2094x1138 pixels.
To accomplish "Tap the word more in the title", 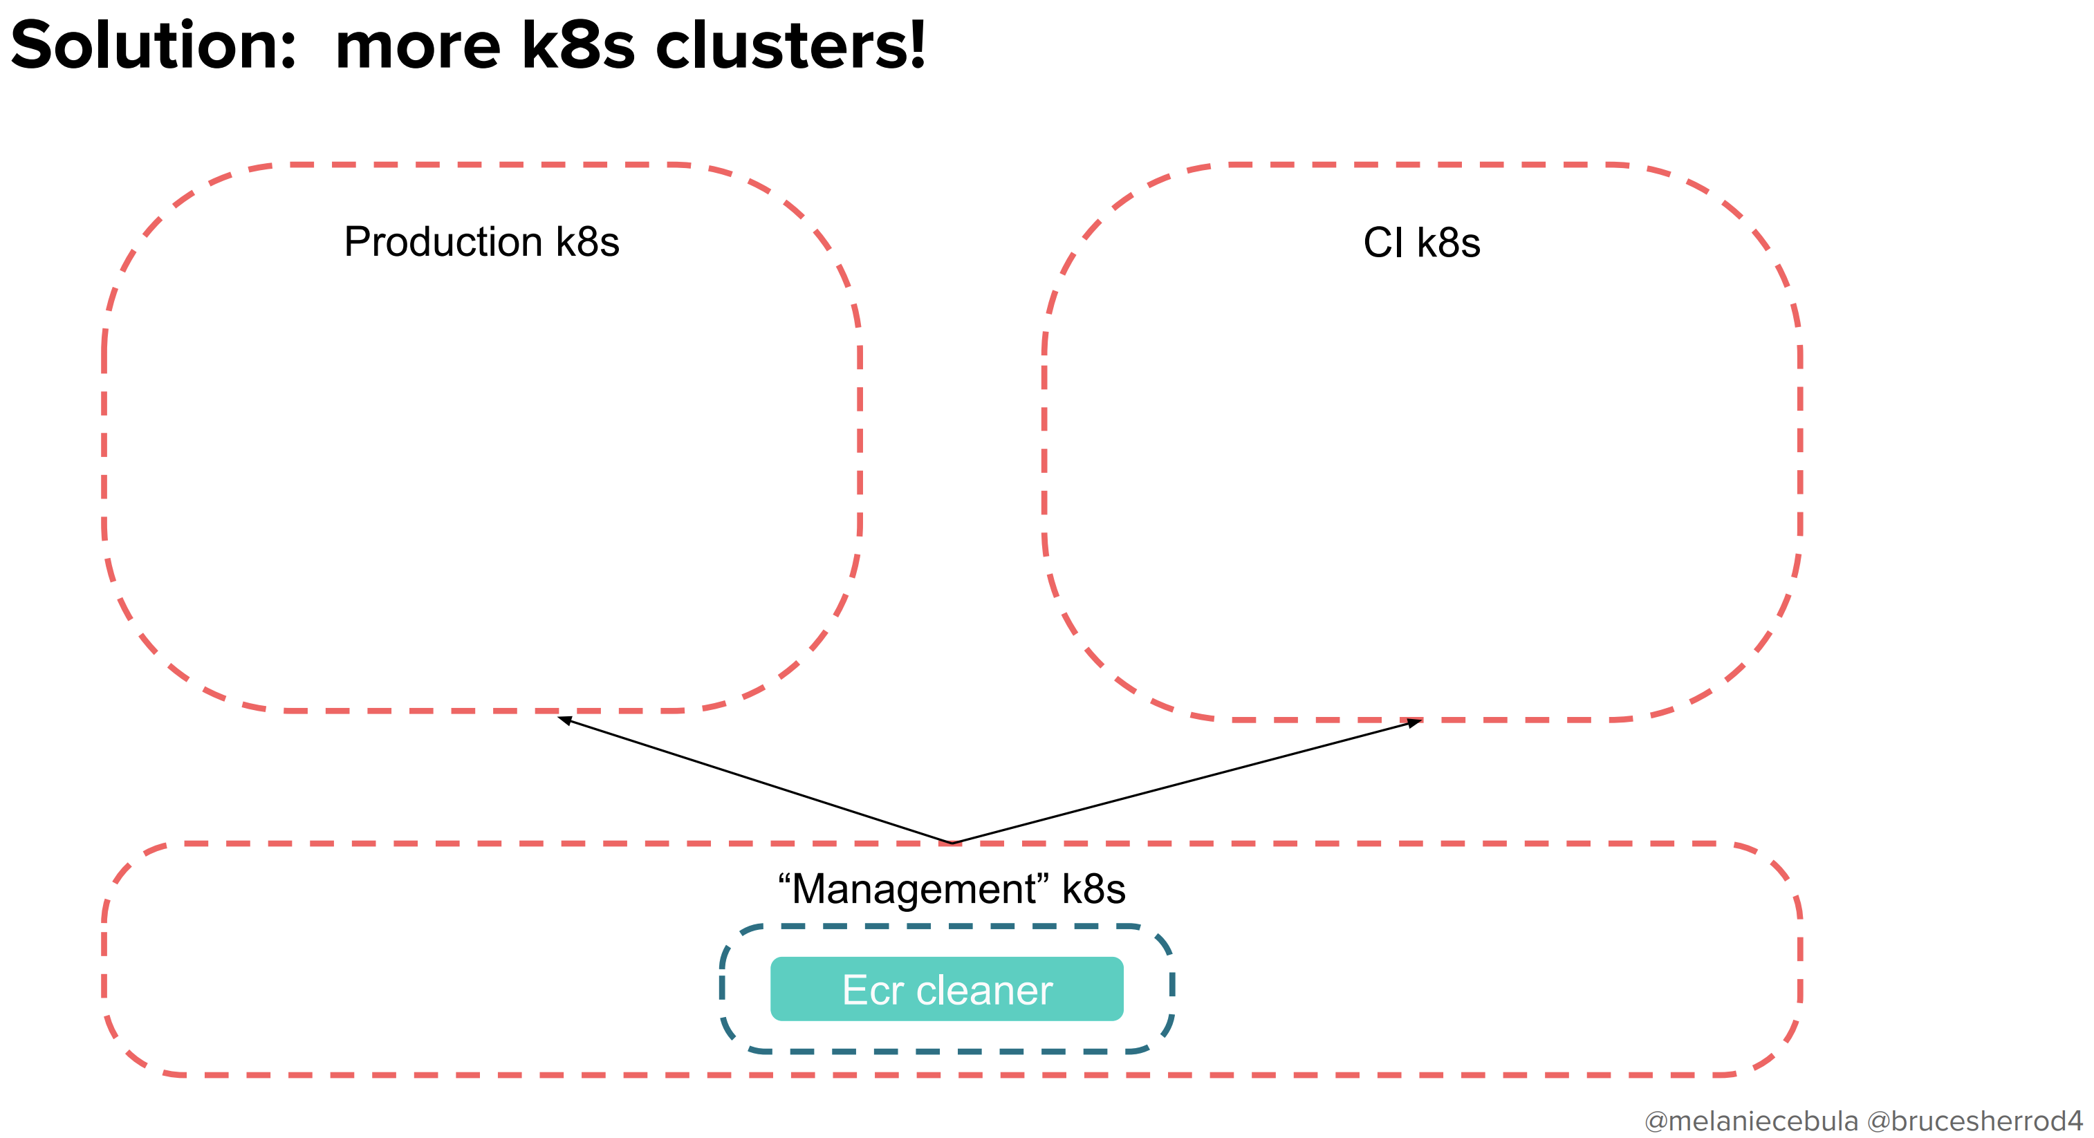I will click(x=417, y=47).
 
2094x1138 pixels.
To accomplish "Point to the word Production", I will click(x=443, y=242).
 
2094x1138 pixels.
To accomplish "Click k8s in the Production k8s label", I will click(x=587, y=242).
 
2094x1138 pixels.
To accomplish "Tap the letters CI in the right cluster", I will click(x=1382, y=242).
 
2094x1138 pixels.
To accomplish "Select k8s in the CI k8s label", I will click(x=1448, y=242).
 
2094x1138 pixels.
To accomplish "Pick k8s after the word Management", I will click(x=1093, y=888).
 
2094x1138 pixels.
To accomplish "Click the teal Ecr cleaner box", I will click(x=946, y=989).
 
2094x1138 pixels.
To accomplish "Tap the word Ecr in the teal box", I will click(x=873, y=990).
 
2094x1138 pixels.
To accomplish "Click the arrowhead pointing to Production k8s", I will click(x=564, y=720).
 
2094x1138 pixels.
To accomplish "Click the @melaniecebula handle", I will click(x=1751, y=1121).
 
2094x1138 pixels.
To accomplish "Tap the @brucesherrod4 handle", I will click(x=1974, y=1121).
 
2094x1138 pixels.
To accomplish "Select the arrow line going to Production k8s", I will click(x=756, y=781).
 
